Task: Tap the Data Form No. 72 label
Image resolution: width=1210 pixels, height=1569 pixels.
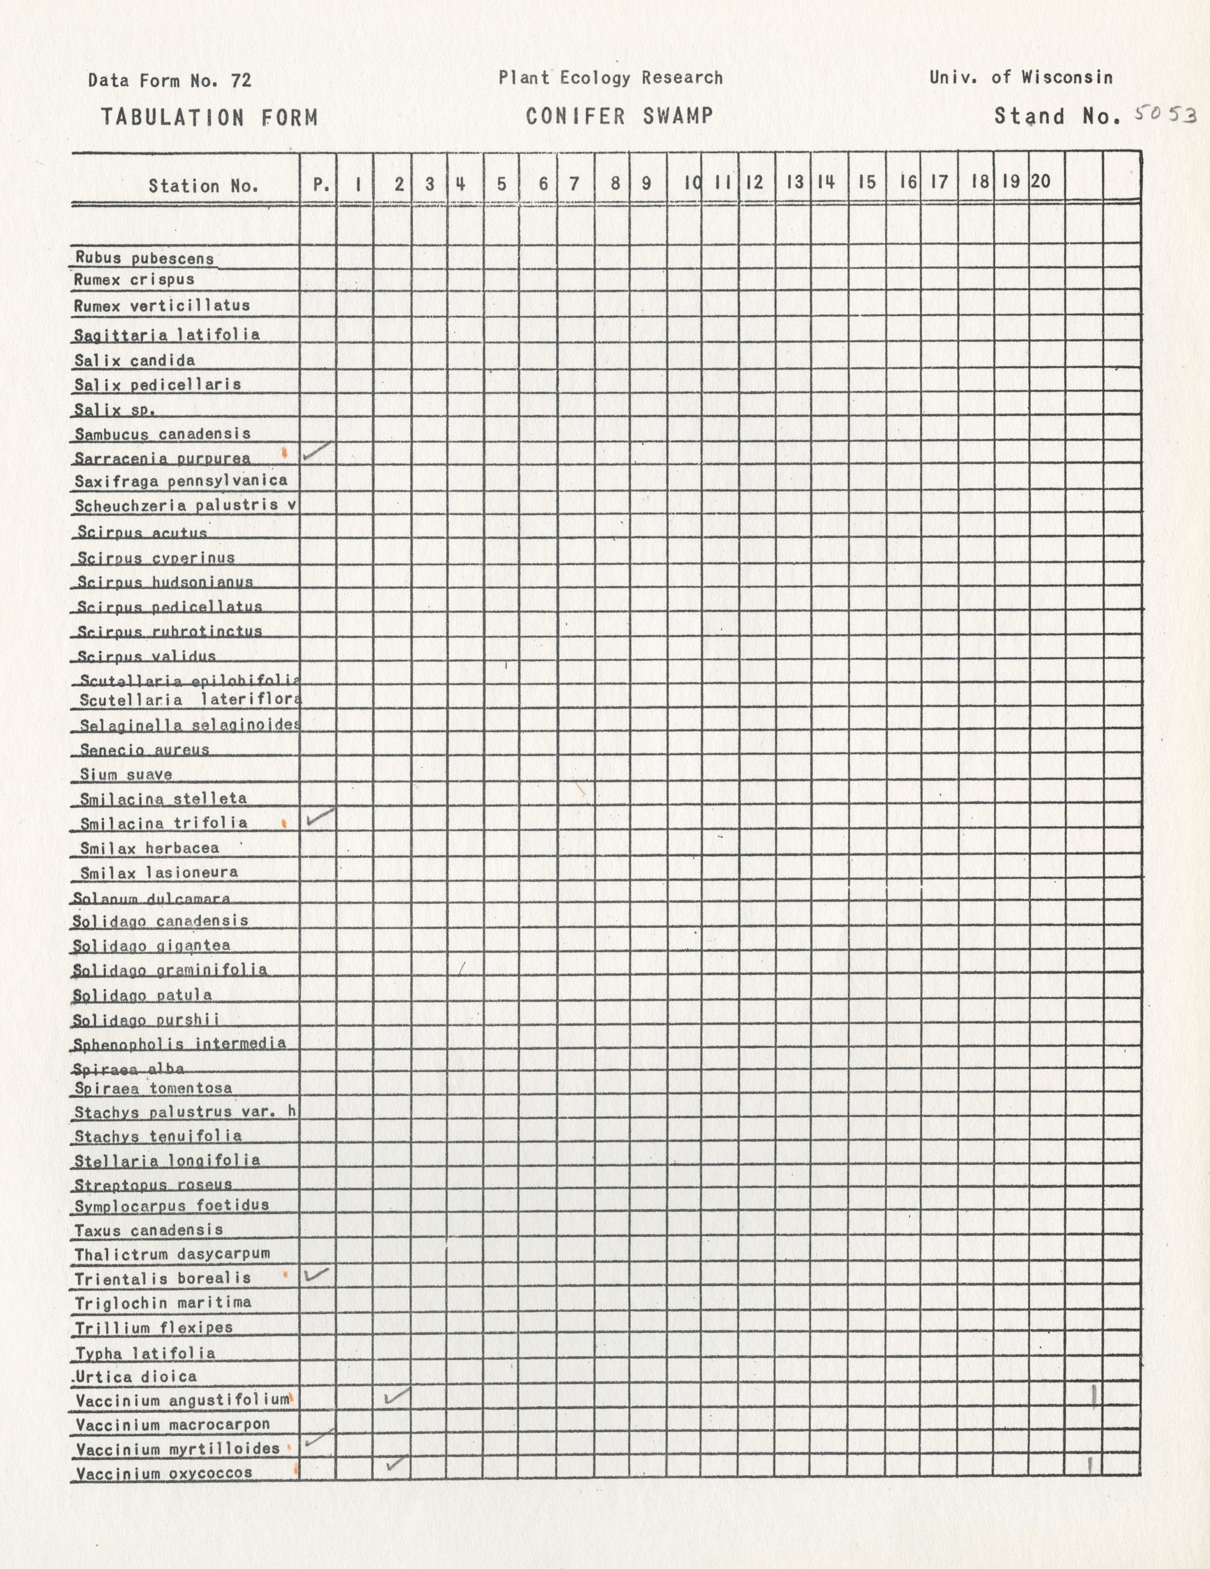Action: click(170, 80)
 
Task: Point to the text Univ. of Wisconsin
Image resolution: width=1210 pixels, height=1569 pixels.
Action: click(1021, 77)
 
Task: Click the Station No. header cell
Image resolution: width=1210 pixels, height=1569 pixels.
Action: click(203, 186)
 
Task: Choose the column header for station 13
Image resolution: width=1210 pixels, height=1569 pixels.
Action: click(794, 183)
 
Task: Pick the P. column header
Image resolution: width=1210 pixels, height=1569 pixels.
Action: click(321, 185)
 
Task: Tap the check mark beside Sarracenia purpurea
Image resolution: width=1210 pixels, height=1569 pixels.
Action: click(317, 450)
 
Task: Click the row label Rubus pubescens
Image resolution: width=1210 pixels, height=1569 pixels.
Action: click(144, 258)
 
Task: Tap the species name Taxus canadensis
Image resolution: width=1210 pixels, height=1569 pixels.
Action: click(149, 1230)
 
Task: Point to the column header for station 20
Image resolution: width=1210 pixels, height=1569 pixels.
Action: click(1040, 182)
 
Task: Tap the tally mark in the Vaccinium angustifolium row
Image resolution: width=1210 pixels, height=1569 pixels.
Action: click(1094, 1397)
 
